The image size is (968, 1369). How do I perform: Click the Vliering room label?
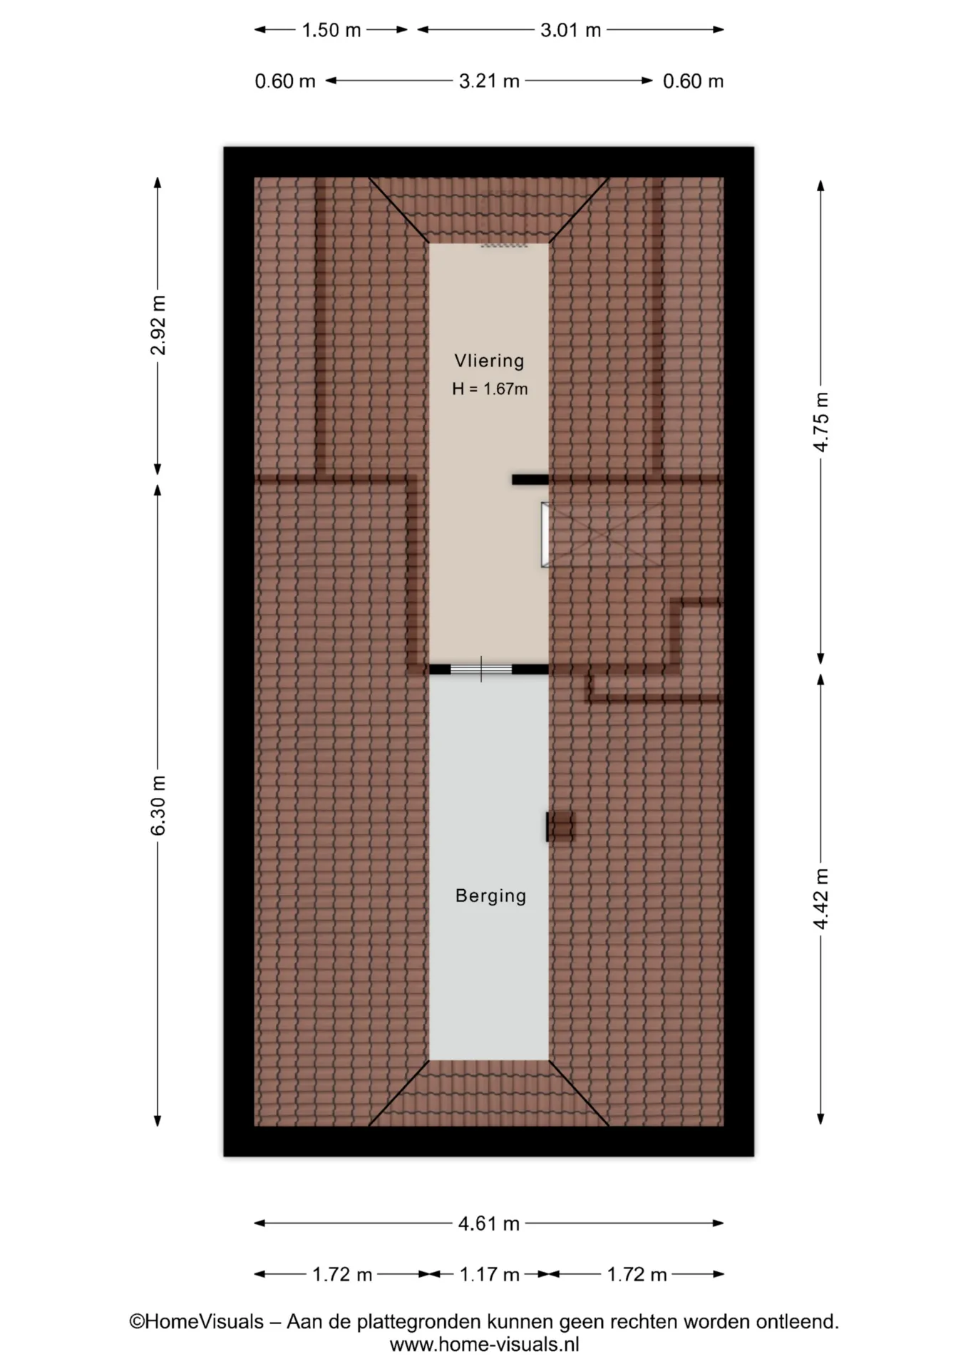[489, 361]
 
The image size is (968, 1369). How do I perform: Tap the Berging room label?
[490, 896]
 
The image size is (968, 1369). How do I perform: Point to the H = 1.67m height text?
[490, 389]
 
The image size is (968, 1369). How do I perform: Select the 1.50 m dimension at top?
[331, 30]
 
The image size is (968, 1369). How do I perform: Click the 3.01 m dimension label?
[570, 30]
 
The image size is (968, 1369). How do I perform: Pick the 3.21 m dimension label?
[489, 81]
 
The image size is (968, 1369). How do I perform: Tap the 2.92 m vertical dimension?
[158, 324]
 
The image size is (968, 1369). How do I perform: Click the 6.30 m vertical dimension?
[158, 805]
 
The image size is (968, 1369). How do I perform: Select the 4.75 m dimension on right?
[821, 421]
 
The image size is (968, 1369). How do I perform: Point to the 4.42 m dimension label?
[821, 898]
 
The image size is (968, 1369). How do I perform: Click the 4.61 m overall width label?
[489, 1224]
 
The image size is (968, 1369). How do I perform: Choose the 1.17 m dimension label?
[489, 1274]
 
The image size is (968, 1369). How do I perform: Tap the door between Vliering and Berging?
[481, 669]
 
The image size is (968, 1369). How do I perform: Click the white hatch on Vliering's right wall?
[545, 535]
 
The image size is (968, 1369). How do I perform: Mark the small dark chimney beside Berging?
[560, 826]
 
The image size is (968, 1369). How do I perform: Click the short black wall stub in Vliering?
[530, 480]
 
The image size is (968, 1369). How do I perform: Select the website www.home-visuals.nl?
[484, 1345]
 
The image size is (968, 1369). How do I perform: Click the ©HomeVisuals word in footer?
[196, 1322]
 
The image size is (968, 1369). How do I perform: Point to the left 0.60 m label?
[285, 81]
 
